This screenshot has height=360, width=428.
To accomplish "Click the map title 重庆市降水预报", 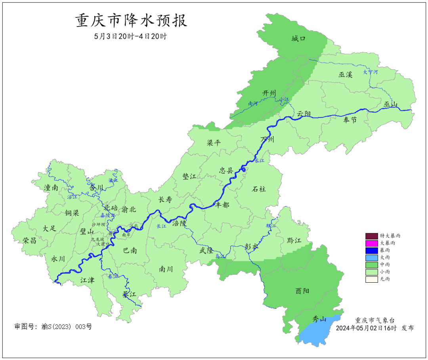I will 131,20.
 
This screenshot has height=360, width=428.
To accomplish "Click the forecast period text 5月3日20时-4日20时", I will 131,36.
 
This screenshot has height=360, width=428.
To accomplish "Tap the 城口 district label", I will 298,38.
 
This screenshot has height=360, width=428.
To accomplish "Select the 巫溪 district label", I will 345,74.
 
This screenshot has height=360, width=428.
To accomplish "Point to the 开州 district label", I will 269,93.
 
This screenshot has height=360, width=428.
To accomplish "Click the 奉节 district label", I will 350,120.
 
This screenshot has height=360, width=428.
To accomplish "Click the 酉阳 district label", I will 302,291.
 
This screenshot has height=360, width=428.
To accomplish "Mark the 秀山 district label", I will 319,319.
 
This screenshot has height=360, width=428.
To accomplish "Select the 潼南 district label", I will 51,188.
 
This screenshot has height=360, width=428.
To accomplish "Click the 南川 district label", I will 166,269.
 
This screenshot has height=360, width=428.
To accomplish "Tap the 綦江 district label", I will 129,295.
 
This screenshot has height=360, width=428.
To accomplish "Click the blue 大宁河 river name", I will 371,72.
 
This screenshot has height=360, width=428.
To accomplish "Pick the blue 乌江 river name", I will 220,257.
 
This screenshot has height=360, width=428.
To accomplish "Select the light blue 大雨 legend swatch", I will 372,257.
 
